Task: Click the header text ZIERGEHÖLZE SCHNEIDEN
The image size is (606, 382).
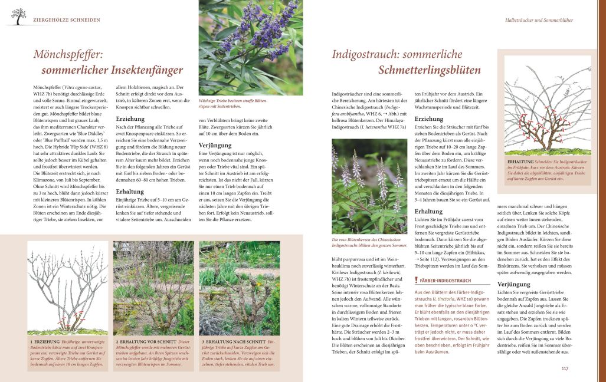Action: coord(66,20)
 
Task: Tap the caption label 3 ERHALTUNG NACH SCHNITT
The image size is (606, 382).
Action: coord(233,341)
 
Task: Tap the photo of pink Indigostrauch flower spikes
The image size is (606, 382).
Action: coord(369,186)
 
